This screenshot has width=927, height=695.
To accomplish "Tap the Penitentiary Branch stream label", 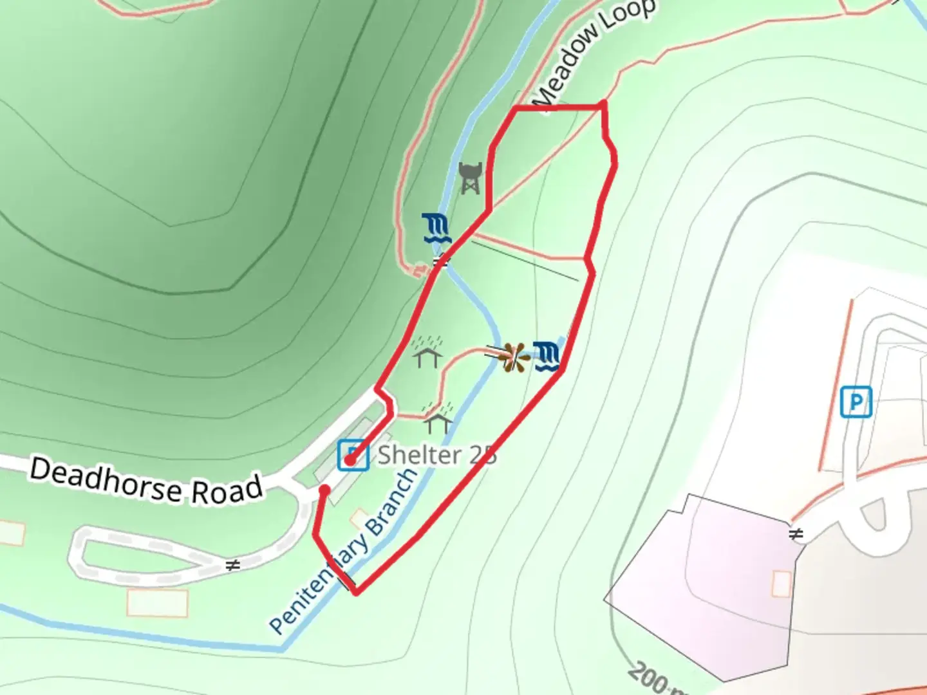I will click(343, 551).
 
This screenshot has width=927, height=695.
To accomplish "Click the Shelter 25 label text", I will click(437, 455).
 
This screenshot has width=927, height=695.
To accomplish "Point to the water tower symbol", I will click(470, 178).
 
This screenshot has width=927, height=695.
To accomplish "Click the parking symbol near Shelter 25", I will click(353, 455).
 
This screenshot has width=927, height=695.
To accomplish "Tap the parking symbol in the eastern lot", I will click(856, 402).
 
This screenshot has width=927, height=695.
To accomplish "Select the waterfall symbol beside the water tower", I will click(436, 228).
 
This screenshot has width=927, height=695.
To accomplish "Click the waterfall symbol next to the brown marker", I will click(548, 356).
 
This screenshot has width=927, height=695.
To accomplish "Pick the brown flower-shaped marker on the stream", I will click(513, 358).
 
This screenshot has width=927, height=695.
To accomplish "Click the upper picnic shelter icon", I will click(428, 351).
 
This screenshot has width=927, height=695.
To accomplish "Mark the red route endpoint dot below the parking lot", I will click(325, 490).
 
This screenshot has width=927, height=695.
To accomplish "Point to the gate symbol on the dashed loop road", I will click(233, 564).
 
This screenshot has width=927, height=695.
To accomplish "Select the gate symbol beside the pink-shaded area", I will click(796, 534).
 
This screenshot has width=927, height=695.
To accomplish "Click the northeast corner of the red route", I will click(603, 104).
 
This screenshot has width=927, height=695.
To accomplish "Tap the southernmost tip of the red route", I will click(356, 592).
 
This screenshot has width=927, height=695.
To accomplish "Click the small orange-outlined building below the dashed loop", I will click(157, 603).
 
